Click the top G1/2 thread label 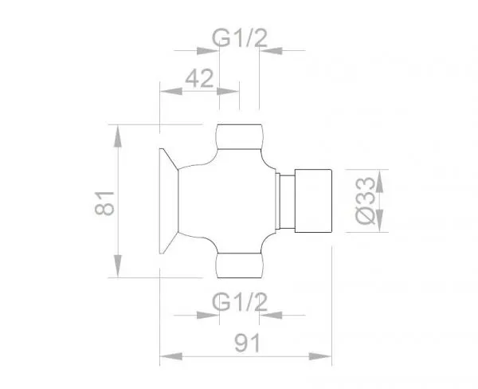240,37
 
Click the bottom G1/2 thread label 240,302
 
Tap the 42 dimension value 199,78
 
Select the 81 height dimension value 104,203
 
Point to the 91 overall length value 248,342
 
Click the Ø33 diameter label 365,200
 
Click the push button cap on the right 313,201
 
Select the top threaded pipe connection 239,136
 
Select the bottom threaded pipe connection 239,265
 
